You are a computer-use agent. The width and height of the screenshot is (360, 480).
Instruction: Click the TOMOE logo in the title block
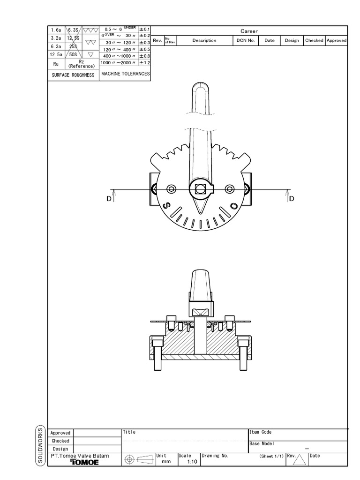[84, 462]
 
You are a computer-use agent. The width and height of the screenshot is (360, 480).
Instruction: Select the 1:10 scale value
[191, 462]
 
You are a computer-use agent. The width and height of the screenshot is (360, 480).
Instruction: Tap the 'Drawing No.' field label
[215, 456]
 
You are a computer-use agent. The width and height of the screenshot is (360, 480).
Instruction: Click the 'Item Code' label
[260, 432]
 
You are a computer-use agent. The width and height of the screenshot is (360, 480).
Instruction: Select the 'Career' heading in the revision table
[249, 31]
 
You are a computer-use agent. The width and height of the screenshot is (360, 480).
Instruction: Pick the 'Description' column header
[204, 40]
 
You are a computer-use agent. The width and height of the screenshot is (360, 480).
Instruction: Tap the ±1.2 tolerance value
[144, 62]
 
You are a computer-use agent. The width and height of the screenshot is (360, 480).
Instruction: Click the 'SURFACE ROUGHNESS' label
[74, 75]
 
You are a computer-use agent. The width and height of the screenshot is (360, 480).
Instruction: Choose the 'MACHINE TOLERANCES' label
[125, 74]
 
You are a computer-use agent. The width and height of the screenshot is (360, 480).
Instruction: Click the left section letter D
[109, 199]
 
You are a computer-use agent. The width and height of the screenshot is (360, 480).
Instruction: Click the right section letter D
[292, 199]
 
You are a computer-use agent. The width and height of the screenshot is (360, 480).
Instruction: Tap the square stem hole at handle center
[201, 189]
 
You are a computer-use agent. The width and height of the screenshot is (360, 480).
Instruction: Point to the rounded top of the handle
[201, 87]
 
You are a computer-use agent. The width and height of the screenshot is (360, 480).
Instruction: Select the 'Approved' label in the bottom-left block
[60, 433]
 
